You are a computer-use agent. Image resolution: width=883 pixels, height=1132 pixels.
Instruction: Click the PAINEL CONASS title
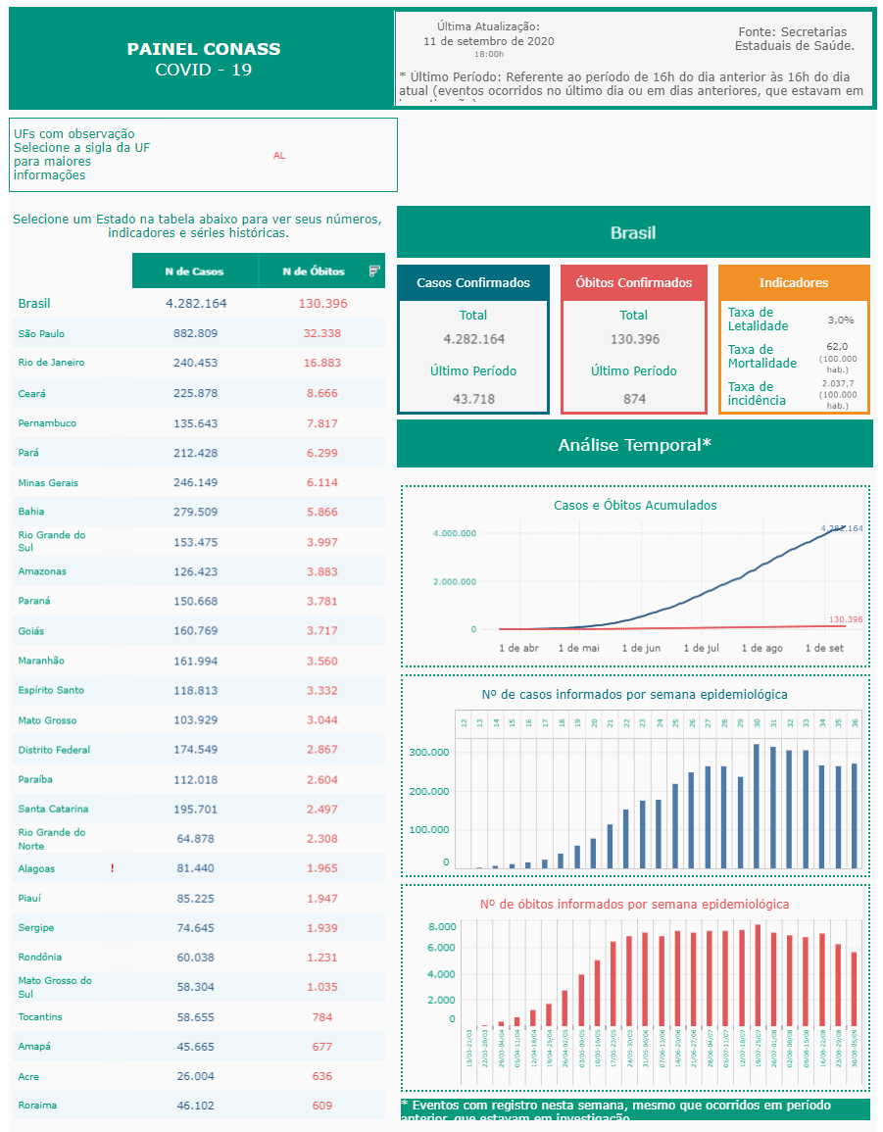click(204, 49)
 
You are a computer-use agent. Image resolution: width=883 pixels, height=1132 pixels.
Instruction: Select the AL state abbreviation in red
click(279, 156)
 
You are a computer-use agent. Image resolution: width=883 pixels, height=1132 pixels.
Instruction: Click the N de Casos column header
click(194, 271)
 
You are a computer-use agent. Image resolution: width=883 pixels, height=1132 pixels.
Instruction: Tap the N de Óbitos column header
click(313, 271)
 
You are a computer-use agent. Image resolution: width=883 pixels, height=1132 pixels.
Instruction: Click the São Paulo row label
click(41, 334)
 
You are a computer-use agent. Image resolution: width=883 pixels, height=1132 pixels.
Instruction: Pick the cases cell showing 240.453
click(196, 363)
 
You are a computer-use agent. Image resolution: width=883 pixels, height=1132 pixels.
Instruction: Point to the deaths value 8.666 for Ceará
click(321, 393)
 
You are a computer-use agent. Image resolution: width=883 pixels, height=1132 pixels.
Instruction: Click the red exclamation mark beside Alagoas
click(113, 868)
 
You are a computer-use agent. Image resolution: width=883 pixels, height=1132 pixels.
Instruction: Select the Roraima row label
click(37, 1106)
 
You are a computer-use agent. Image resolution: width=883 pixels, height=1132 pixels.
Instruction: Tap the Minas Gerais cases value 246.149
click(196, 483)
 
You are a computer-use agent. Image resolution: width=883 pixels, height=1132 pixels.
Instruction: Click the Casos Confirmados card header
click(473, 283)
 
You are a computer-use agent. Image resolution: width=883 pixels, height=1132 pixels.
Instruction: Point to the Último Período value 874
click(634, 399)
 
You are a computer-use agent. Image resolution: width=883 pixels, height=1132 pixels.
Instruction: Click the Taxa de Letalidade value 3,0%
click(840, 320)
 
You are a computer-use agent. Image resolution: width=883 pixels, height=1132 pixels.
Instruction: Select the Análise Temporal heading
click(634, 445)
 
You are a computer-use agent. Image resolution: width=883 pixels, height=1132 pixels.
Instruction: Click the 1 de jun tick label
click(641, 649)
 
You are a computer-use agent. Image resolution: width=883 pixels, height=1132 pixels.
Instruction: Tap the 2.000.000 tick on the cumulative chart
click(454, 582)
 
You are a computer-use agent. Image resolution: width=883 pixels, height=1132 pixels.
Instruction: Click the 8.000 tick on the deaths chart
click(442, 927)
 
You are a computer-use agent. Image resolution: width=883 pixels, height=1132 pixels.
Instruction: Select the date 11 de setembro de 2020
click(488, 41)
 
